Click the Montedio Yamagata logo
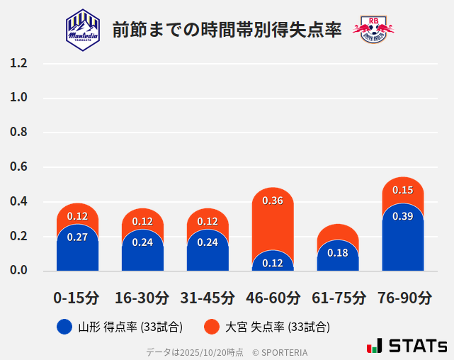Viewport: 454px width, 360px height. coord(83,29)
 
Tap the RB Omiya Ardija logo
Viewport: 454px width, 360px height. coord(373,29)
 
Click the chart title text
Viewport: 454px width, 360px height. coord(227,29)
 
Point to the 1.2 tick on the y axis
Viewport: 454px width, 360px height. coord(18,64)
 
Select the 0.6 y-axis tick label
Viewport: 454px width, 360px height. coord(18,167)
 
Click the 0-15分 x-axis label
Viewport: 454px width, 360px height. coord(77,298)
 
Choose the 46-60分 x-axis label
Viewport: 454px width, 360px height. coord(273,298)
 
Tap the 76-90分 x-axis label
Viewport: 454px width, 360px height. coord(403,298)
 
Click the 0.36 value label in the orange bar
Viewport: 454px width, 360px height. coord(273,201)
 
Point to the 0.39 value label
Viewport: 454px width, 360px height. coord(403,216)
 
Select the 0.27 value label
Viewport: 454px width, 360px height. coord(77,237)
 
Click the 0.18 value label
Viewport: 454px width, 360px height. coord(338,253)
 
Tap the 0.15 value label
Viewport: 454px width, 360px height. coord(403,190)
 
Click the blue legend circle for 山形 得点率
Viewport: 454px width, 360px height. coord(64,327)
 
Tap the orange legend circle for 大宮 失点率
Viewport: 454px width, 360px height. coord(211,327)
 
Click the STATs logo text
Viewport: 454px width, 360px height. coord(417,346)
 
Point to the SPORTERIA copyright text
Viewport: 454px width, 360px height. coord(280,352)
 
